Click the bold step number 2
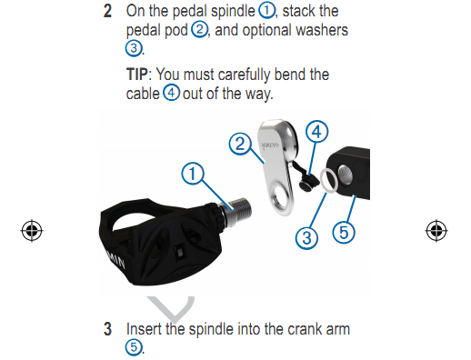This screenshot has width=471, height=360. coord(107,11)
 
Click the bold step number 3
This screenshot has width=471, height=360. coord(107,329)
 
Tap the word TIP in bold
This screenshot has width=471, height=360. coord(137,75)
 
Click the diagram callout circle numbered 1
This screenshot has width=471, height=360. coord(193,174)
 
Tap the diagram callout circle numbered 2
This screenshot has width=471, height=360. coord(240,144)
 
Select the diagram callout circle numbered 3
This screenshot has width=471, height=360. coord(306,238)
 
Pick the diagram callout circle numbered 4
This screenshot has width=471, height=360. coord(316,132)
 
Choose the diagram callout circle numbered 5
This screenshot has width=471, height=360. coord(344,233)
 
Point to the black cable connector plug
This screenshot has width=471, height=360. coord(308,182)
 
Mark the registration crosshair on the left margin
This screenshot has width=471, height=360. coord(32,231)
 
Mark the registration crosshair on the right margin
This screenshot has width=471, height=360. coord(436,231)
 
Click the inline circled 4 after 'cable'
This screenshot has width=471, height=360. coord(171,93)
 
